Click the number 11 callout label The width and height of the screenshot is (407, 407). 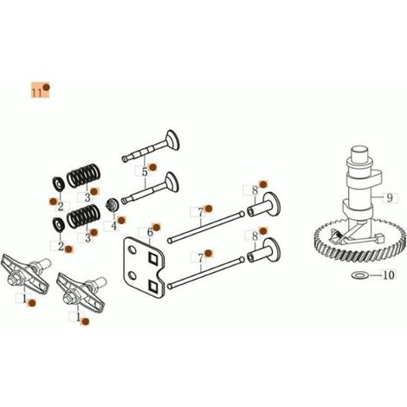click(37, 93)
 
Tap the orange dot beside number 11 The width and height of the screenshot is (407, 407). click(46, 87)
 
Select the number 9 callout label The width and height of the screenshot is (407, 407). click(390, 198)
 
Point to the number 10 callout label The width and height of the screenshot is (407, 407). click(389, 275)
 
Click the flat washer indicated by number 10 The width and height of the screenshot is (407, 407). click(359, 275)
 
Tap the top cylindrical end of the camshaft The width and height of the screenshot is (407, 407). click(359, 154)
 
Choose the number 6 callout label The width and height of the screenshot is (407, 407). click(150, 232)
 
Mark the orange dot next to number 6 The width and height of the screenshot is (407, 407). click(157, 228)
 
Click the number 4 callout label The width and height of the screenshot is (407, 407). click(114, 226)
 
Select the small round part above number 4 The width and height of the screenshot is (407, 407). click(112, 204)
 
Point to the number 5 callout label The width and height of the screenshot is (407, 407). click(145, 172)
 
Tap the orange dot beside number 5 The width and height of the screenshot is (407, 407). click(152, 167)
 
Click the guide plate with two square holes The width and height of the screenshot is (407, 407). click(144, 268)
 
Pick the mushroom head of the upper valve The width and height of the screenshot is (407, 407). click(172, 139)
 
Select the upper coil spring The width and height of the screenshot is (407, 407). click(84, 175)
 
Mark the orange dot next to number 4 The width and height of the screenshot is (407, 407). click(121, 221)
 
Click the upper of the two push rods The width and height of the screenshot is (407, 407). click(206, 227)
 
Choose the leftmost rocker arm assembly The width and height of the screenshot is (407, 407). click(26, 275)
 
